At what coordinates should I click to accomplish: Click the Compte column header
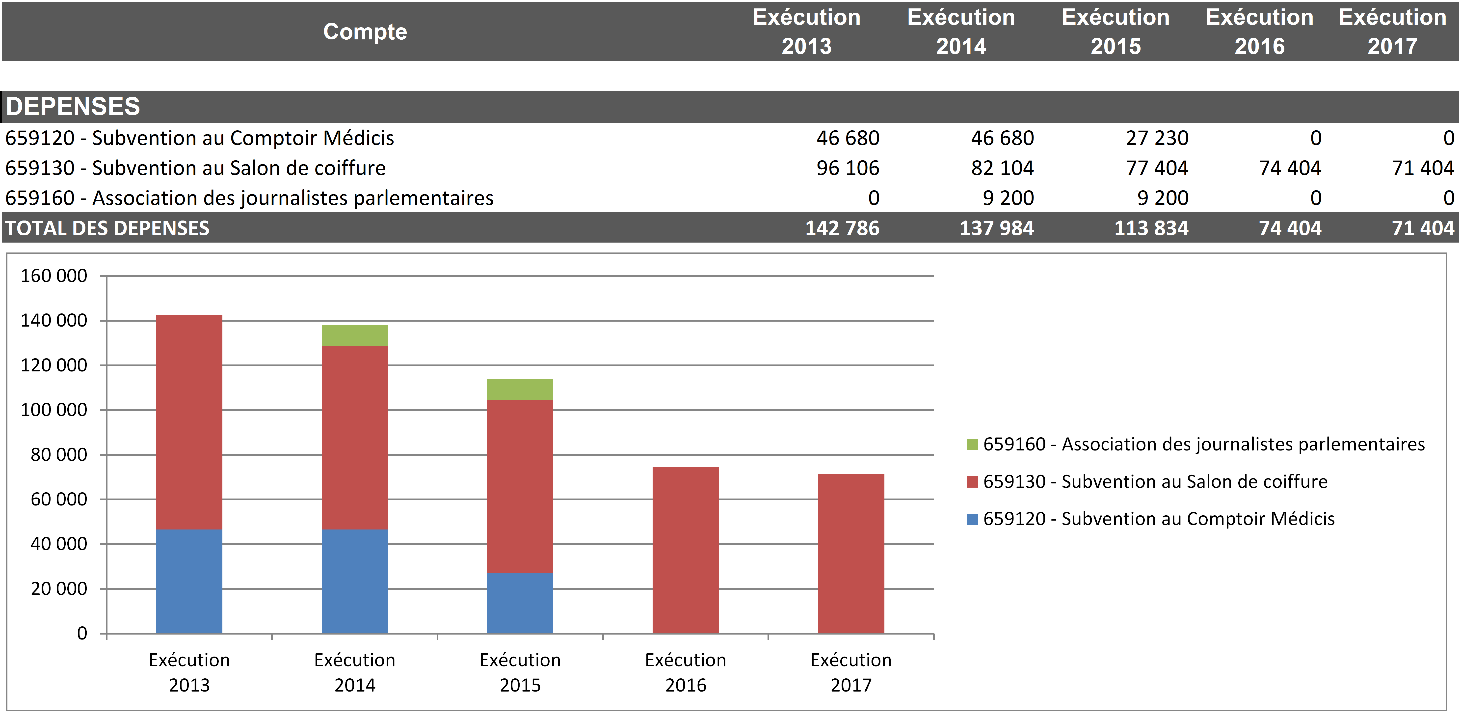pos(365,32)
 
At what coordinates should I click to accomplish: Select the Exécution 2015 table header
pos(1115,32)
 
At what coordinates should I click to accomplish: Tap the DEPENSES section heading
pos(73,107)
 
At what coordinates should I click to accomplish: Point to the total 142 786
pos(842,228)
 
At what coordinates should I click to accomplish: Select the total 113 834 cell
pos(1151,228)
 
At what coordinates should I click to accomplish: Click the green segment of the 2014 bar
pos(355,336)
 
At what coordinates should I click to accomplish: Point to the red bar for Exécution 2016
pos(685,550)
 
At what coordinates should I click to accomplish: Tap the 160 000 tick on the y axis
pos(54,276)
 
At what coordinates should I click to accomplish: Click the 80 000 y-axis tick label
pos(59,455)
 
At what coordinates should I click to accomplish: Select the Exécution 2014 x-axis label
pos(355,672)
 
